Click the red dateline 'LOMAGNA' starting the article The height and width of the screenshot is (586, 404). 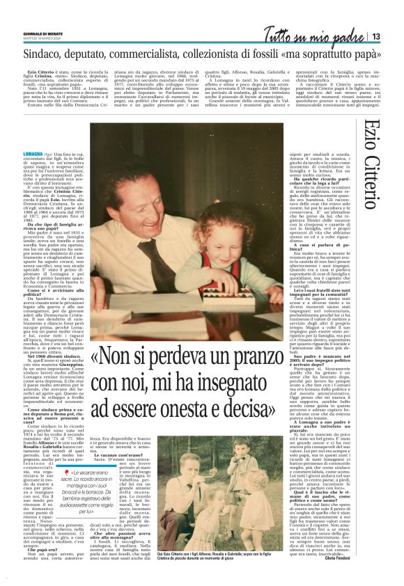[32, 152]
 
